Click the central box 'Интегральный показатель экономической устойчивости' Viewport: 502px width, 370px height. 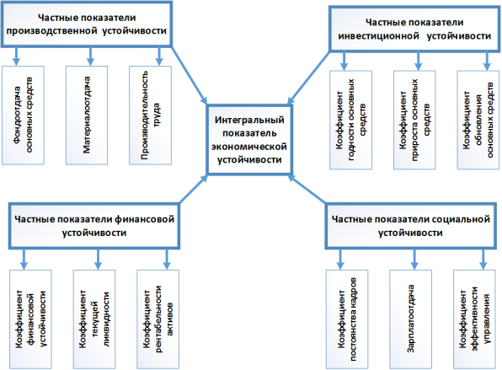[249, 139]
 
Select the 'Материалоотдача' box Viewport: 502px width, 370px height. [87, 115]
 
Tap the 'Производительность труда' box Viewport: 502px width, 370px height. [151, 115]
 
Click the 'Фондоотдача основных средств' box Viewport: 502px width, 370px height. [23, 115]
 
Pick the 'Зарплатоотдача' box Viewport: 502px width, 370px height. [410, 319]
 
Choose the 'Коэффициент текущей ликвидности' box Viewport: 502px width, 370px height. [94, 319]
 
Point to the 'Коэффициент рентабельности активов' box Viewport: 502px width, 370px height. [158, 319]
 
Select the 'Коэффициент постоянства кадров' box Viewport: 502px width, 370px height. [347, 319]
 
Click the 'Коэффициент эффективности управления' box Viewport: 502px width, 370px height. [474, 319]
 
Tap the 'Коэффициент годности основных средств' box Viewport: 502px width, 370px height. [351, 121]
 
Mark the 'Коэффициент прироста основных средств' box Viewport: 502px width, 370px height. [414, 121]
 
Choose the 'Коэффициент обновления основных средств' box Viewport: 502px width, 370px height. [478, 121]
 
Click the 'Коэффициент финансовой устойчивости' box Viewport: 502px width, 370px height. [30, 319]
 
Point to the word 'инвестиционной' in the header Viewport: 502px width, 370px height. [378, 36]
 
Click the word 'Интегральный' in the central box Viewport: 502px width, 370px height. [249, 120]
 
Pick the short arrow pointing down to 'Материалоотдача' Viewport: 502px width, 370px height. [90, 56]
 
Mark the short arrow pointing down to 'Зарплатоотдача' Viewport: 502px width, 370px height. [414, 259]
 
